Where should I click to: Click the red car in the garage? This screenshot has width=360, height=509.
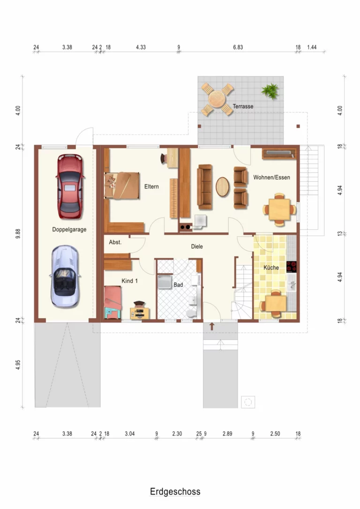(x=70, y=187)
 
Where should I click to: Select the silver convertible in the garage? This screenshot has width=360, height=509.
(x=65, y=277)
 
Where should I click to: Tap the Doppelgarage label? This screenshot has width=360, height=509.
(x=69, y=230)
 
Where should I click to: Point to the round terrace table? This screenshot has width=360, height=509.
(x=217, y=99)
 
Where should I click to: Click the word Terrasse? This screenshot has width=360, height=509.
(x=243, y=106)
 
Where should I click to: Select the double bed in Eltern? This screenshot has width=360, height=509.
(x=122, y=186)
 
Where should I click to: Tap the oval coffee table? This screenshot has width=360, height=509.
(x=223, y=187)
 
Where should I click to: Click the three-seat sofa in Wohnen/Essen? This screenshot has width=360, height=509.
(x=205, y=187)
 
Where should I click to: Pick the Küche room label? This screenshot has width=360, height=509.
(x=271, y=268)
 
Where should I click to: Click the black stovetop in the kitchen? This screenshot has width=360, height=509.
(x=291, y=267)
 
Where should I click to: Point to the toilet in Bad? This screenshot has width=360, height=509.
(x=192, y=312)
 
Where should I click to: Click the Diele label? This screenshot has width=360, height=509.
(x=197, y=247)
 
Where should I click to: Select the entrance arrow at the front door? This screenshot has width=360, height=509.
(x=212, y=326)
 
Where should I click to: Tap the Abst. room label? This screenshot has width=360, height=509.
(x=115, y=242)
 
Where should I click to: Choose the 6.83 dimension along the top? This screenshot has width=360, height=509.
(x=238, y=47)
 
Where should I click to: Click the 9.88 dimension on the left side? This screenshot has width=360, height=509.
(x=18, y=234)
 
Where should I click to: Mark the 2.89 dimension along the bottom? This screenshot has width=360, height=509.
(x=227, y=434)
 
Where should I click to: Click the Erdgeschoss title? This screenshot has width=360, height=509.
(x=175, y=492)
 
